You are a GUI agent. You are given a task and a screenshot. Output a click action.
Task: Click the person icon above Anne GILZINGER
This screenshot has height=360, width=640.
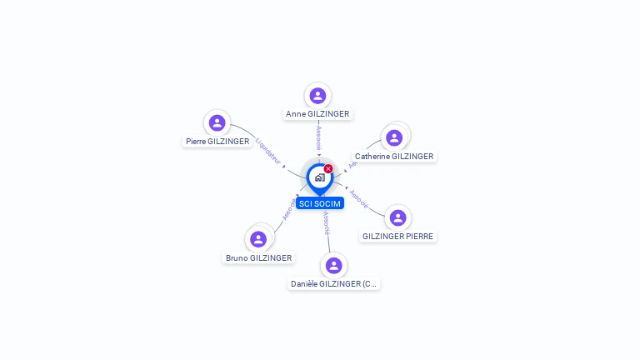pos(317,96)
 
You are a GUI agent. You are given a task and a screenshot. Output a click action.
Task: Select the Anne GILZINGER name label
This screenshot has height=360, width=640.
pos(317,114)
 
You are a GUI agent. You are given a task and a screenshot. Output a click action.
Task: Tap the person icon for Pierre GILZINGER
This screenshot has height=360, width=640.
pos(217,123)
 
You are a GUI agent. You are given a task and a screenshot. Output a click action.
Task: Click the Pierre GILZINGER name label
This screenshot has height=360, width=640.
pos(217,142)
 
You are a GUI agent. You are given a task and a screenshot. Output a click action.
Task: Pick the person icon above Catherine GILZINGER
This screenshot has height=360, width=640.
pos(394,137)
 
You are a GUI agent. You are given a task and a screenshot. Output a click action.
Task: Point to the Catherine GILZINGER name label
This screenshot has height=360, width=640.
pos(394,156)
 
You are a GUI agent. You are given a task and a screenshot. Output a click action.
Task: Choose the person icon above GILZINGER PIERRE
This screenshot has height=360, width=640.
pos(398,217)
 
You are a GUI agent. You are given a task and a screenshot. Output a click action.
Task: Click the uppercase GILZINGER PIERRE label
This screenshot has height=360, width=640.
pos(397,236)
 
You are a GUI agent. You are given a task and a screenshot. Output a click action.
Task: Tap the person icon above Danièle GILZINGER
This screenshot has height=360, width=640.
pos(334,265)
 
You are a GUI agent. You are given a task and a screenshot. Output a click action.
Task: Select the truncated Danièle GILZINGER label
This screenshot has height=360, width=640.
pos(334,283)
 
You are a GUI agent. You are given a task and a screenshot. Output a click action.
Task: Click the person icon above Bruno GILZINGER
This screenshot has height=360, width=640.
pos(258,239)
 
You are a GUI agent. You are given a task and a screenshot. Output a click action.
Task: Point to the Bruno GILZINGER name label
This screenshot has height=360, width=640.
pos(259,257)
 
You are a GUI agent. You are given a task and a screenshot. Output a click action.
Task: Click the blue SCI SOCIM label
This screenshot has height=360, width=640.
pos(319,203)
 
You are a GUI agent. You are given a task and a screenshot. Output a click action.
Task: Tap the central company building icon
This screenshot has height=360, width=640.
pos(319,177)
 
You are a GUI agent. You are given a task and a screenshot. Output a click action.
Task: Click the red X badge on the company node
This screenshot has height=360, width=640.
pos(328,168)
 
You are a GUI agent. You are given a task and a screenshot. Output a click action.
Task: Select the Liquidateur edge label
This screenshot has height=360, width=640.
pos(268,149)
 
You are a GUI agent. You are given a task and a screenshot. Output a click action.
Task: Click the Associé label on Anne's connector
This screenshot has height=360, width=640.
pos(318,137)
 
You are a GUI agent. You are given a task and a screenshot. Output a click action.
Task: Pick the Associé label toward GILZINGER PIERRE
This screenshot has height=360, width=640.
pos(359,197)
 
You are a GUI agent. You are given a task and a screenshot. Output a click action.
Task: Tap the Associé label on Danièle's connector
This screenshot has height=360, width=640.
pos(326,223)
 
